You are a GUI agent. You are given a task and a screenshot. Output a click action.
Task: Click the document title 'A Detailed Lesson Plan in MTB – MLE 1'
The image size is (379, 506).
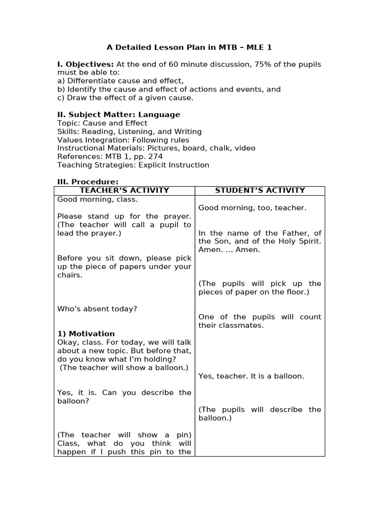click(x=189, y=47)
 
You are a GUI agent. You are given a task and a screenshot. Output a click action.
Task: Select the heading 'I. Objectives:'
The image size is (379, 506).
click(x=85, y=64)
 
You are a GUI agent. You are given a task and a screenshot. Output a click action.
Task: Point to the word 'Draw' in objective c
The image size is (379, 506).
click(x=76, y=98)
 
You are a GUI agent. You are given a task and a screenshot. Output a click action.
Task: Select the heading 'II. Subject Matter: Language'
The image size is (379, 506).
click(x=118, y=115)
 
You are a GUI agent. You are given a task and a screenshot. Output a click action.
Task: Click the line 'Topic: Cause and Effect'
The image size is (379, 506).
click(x=102, y=123)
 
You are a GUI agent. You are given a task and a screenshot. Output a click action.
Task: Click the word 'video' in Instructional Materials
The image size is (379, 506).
click(x=245, y=148)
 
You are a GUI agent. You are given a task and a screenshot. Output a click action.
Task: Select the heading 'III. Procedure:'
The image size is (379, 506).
click(x=88, y=182)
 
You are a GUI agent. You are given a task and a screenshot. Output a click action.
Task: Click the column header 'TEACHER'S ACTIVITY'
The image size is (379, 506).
click(x=124, y=190)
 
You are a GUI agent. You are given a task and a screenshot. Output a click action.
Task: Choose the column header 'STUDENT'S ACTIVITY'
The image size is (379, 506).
click(x=260, y=190)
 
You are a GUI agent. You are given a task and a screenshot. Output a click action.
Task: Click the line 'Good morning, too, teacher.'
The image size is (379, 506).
click(x=252, y=208)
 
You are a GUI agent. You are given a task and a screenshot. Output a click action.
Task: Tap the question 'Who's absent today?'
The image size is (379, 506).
click(x=97, y=309)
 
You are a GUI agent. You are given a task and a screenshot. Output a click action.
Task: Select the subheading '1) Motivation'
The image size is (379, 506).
click(x=86, y=334)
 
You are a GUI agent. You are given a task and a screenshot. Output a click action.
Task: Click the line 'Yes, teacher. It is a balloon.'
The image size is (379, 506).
click(x=251, y=376)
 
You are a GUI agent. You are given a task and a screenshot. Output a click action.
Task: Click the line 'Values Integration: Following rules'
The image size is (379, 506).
click(x=123, y=140)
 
